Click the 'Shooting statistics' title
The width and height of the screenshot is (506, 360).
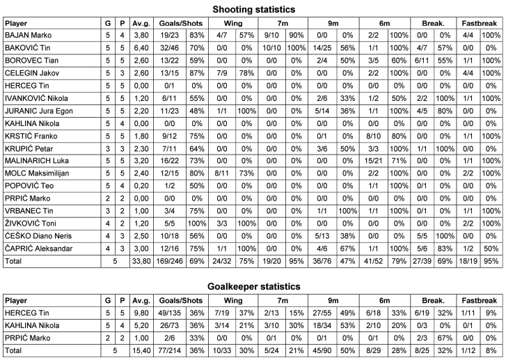click(253, 9)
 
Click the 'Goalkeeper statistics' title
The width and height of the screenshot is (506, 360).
click(253, 287)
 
